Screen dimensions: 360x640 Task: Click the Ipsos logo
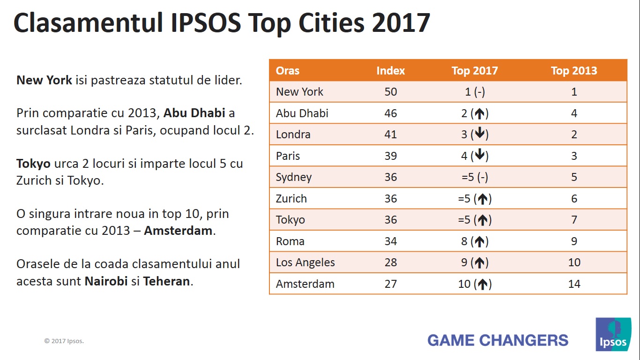click(613, 334)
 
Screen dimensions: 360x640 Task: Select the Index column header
click(390, 71)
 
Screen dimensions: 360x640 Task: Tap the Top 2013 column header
click(574, 71)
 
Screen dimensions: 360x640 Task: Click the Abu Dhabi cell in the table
click(302, 113)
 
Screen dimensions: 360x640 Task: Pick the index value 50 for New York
click(390, 92)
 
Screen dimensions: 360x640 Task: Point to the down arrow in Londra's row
click(479, 134)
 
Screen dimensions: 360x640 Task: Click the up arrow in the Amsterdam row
click(482, 284)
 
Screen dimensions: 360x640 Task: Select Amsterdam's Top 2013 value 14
click(574, 284)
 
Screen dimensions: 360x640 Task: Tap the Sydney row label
click(293, 177)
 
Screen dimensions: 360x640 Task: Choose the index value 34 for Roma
click(390, 241)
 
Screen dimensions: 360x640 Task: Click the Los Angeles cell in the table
click(305, 262)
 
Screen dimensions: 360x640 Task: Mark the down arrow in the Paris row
click(479, 156)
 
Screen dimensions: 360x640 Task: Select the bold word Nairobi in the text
click(106, 282)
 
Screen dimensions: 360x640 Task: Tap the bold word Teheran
click(166, 282)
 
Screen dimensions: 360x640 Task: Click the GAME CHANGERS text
click(498, 340)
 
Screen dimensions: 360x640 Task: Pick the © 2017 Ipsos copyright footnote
click(64, 341)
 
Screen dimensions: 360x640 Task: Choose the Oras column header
click(287, 71)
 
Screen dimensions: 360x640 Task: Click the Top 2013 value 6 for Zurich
click(574, 199)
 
